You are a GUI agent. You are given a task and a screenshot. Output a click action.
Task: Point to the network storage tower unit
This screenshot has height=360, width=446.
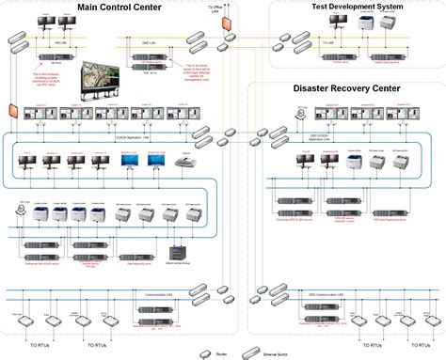coord(175,251)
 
